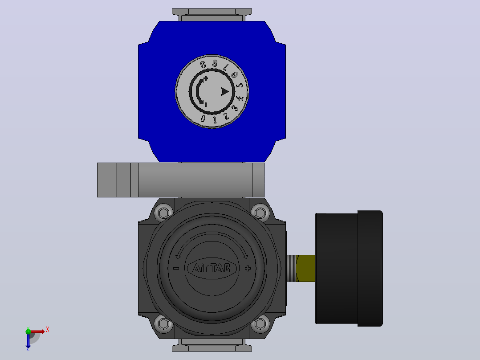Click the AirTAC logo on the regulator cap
212,268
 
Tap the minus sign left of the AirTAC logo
176,268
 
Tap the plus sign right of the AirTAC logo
248,268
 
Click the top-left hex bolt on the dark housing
163,213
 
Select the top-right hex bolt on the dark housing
260,213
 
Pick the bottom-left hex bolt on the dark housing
163,323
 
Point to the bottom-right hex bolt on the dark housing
260,323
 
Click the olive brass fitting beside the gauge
305,268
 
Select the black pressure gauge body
349,268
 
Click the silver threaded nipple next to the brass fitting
291,268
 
